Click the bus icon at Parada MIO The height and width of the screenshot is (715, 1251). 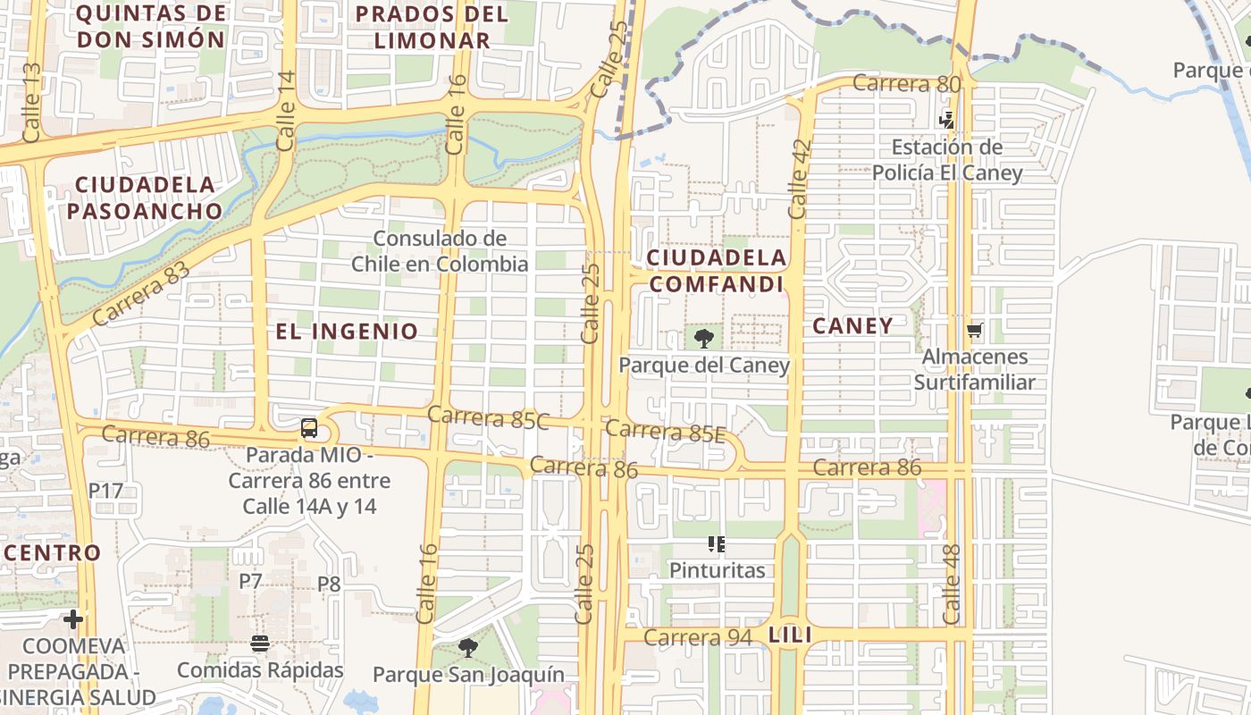[x=309, y=428]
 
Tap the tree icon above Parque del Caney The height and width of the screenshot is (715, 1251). [x=704, y=339]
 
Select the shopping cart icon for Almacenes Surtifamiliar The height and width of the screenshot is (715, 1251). [x=974, y=331]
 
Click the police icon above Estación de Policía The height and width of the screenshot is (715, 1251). [x=947, y=120]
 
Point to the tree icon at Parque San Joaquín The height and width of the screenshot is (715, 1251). [x=467, y=647]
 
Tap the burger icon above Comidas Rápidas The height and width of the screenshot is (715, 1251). [x=260, y=643]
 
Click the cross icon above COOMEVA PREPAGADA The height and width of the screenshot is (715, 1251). [x=73, y=618]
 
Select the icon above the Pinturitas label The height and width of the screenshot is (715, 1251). [x=716, y=543]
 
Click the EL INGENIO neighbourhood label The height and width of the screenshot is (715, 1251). [x=347, y=332]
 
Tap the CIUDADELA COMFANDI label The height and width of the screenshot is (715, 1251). [x=717, y=271]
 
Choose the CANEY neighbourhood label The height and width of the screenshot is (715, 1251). [x=852, y=326]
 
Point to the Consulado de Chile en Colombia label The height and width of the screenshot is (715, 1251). [x=440, y=251]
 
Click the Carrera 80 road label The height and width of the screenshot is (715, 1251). [x=906, y=84]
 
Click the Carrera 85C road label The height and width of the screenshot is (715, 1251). [x=488, y=416]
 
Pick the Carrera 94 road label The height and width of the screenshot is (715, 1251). [x=699, y=637]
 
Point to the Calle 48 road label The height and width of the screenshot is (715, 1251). [x=953, y=585]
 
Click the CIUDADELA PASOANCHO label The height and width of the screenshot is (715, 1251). [x=145, y=198]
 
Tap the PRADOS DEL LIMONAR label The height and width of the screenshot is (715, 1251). [x=432, y=27]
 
